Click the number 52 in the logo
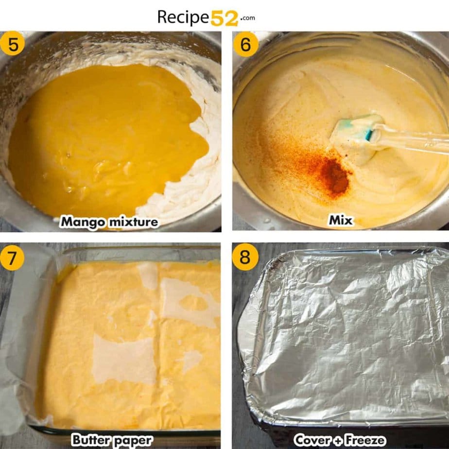click(x=224, y=18)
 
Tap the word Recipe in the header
click(x=183, y=17)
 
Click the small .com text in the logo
click(x=247, y=18)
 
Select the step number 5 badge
click(x=13, y=44)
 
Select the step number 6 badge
click(x=245, y=44)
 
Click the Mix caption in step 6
click(x=340, y=220)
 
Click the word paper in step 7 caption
click(x=133, y=441)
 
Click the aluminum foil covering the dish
click(x=345, y=335)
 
